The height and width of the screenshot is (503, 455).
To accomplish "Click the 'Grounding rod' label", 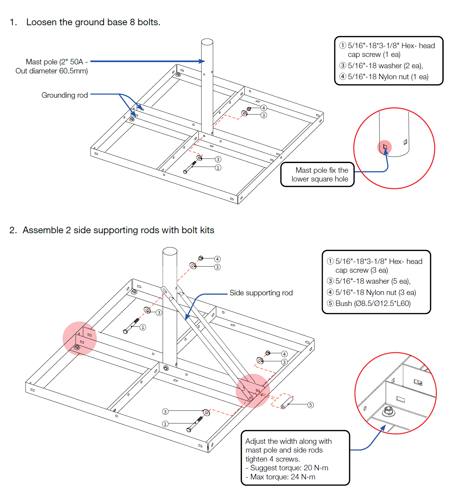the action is [64, 95].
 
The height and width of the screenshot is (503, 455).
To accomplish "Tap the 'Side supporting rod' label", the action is [261, 293].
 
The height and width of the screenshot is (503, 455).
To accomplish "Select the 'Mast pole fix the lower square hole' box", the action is [317, 175].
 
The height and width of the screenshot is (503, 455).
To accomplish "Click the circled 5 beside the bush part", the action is [311, 405].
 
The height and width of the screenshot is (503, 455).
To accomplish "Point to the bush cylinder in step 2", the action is [287, 403].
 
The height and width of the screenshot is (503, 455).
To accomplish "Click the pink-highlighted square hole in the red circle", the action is [385, 147].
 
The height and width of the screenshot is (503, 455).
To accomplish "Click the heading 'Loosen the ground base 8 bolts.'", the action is [93, 22].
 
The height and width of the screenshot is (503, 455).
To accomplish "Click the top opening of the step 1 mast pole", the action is [207, 42].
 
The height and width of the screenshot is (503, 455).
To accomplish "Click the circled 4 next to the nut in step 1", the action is [264, 108].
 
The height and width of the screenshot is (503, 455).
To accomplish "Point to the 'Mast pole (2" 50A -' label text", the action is [57, 62].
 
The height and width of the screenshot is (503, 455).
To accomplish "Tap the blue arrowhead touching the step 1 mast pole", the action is [202, 61].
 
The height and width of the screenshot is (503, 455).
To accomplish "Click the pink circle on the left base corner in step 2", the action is [80, 338].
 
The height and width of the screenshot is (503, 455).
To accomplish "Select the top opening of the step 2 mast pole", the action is [170, 251].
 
